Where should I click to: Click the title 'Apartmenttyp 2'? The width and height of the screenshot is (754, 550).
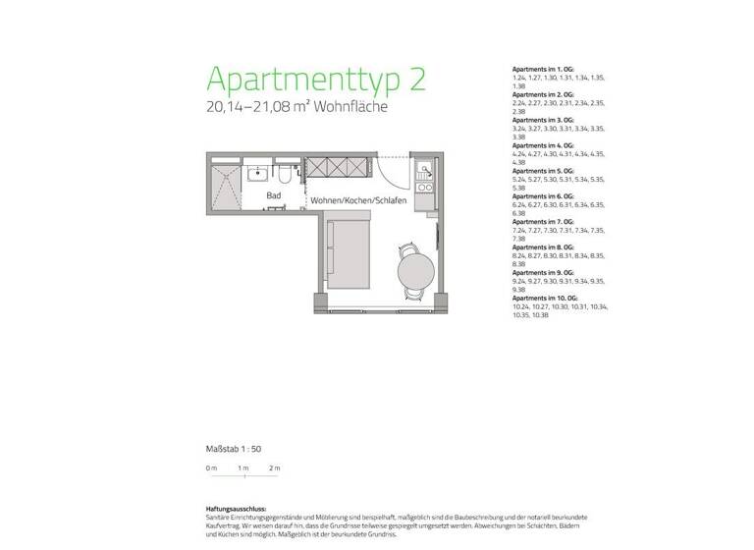(316, 79)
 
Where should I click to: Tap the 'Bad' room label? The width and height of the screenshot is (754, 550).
(275, 196)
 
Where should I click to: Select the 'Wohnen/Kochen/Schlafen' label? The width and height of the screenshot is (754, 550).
(358, 200)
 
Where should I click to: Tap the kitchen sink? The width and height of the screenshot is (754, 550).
(426, 168)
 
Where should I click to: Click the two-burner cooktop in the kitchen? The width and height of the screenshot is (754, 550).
(426, 186)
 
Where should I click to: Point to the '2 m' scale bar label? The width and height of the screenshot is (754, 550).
(274, 468)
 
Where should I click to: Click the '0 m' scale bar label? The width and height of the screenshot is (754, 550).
(211, 468)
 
